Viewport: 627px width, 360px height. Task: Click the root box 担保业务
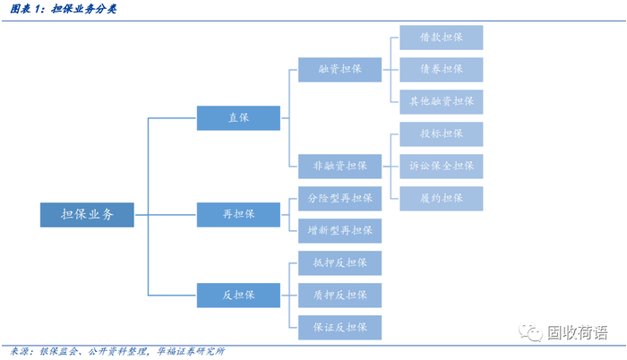point(86,214)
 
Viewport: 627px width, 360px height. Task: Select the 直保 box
point(238,116)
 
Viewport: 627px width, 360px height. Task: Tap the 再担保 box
point(238,214)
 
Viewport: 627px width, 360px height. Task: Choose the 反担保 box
point(238,294)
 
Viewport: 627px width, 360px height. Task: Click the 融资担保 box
point(339,69)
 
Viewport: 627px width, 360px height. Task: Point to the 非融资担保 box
point(339,166)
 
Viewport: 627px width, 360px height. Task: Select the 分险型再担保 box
point(339,198)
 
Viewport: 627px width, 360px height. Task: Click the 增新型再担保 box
point(339,230)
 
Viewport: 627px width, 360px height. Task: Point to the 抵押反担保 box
point(339,262)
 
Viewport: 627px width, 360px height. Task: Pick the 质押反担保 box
point(339,295)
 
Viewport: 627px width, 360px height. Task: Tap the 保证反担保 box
point(339,327)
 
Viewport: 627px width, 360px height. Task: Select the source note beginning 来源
point(116,351)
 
